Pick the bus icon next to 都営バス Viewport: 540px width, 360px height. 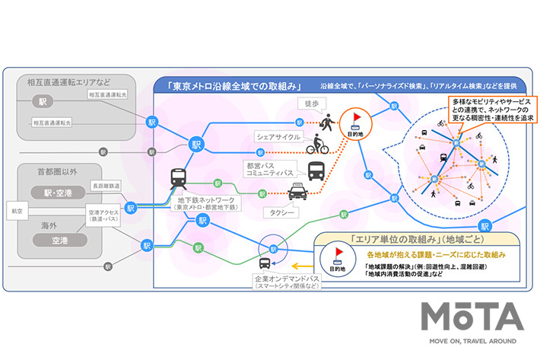point(316,169)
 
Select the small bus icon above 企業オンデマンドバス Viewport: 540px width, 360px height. point(264,263)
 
